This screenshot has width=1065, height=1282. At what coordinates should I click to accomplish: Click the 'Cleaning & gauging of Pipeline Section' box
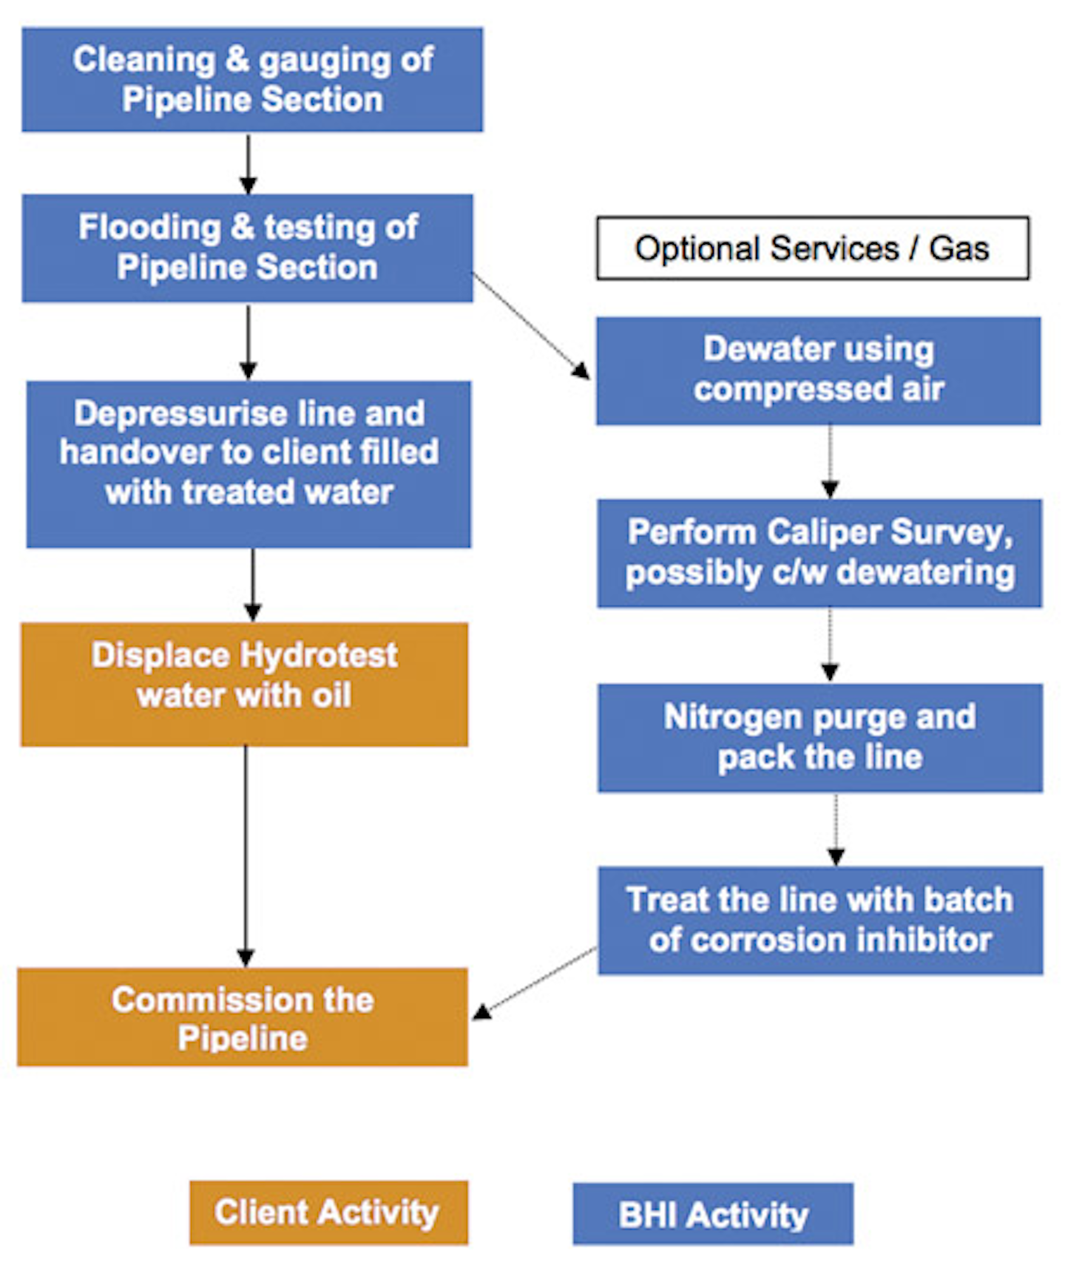tap(252, 80)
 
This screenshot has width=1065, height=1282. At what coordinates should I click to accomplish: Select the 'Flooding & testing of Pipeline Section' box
tap(248, 248)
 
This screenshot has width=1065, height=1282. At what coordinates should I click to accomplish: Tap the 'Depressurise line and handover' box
tap(248, 464)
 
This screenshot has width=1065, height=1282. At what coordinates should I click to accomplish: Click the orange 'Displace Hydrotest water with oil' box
tap(244, 684)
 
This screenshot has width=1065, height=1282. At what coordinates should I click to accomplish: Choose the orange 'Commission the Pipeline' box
tap(243, 1017)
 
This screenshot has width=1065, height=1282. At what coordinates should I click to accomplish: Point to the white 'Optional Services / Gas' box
tap(812, 248)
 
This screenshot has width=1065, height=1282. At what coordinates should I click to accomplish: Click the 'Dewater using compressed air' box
tap(818, 370)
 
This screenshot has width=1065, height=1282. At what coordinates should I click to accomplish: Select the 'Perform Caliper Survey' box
tap(819, 553)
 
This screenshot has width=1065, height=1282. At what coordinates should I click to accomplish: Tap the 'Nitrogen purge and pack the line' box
tap(819, 737)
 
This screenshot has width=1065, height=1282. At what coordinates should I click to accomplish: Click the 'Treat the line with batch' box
tap(820, 920)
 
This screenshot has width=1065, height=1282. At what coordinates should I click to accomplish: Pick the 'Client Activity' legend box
tap(328, 1213)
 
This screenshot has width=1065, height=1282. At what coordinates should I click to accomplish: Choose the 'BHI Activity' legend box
tap(713, 1214)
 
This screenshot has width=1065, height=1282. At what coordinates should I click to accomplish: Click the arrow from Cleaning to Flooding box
tap(248, 164)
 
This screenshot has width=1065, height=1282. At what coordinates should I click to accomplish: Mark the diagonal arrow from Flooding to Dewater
tap(531, 326)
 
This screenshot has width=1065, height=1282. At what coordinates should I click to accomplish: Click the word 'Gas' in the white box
tap(958, 248)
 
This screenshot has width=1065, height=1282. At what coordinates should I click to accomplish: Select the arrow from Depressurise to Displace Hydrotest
tap(253, 584)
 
